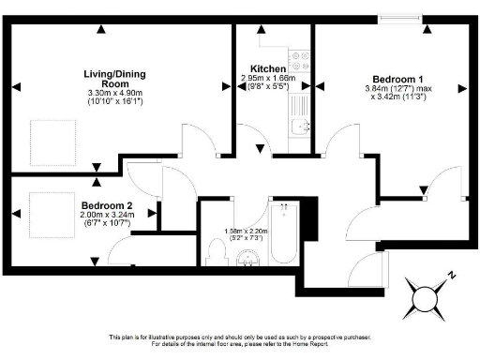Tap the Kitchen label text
click(268, 68)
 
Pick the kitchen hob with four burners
click(301, 62)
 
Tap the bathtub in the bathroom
click(282, 235)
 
